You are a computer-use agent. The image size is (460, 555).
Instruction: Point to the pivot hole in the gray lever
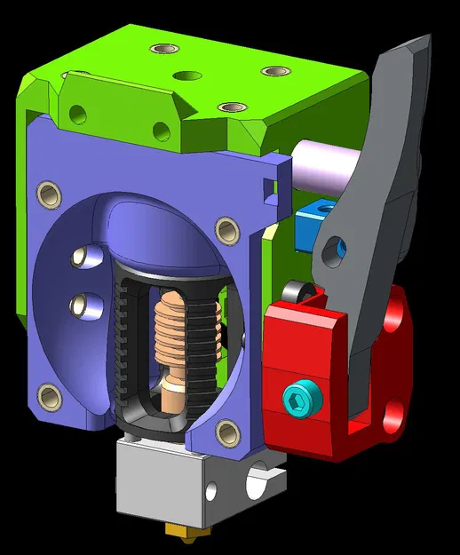[x=333, y=245]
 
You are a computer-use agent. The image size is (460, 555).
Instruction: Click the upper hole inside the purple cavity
[x=83, y=258]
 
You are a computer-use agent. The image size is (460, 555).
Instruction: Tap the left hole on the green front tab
[x=77, y=113]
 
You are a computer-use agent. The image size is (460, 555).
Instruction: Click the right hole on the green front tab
[x=163, y=131]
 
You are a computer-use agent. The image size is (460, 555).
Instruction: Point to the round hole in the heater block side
[x=212, y=490]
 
